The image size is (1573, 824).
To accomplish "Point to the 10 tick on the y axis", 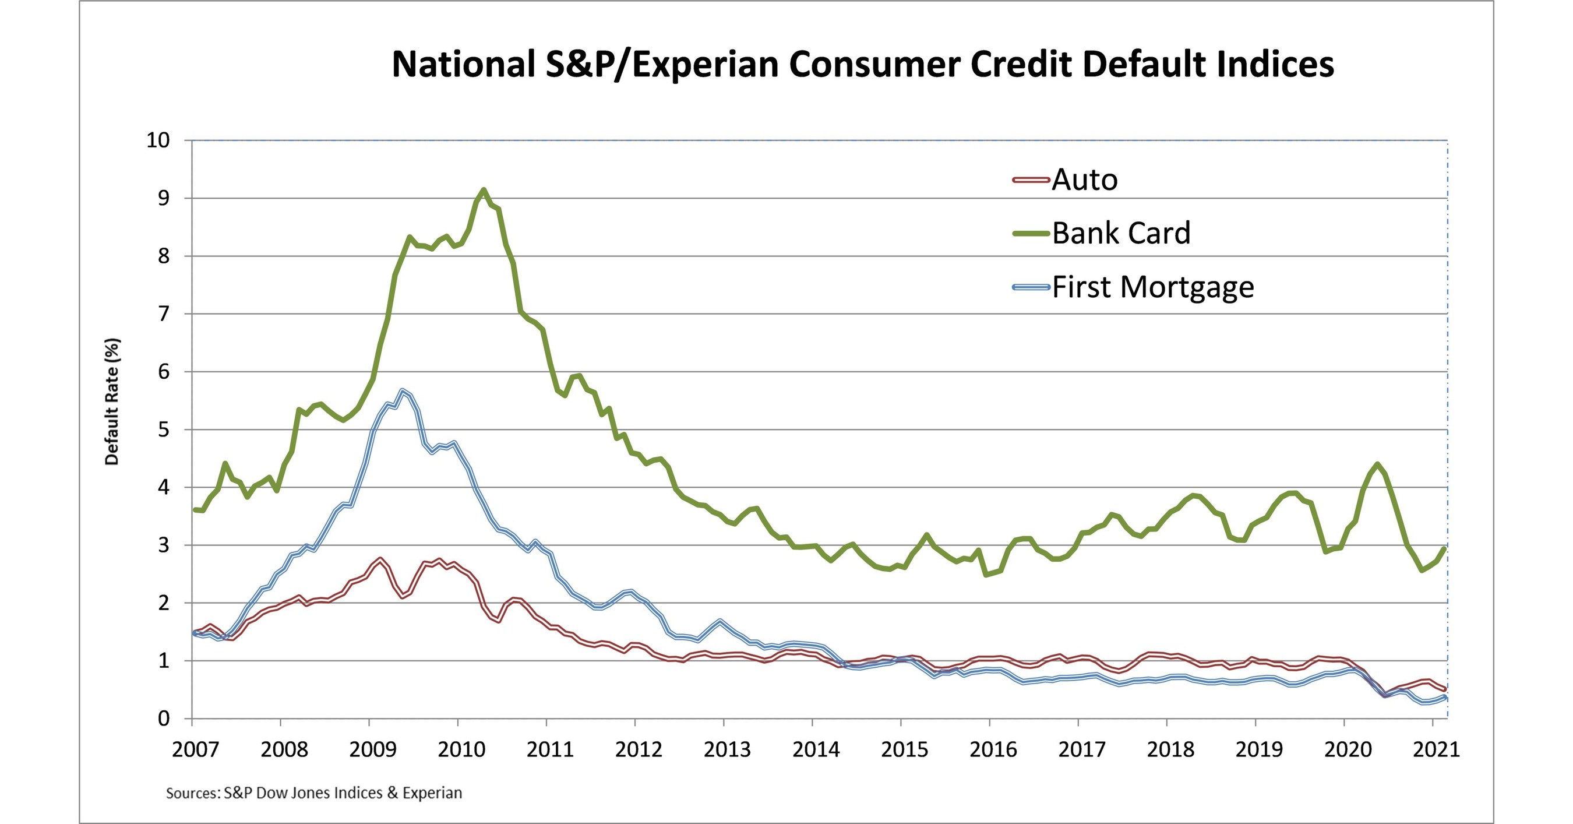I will (x=158, y=140).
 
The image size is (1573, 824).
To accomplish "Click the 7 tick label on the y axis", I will (x=164, y=314).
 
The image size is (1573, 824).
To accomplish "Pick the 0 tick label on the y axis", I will (x=164, y=719).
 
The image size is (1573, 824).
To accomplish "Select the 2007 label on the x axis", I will (x=195, y=749).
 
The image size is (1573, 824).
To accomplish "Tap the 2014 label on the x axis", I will (x=816, y=749).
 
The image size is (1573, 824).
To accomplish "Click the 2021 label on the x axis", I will (x=1436, y=749).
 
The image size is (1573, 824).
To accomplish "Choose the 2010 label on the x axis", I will (x=461, y=749).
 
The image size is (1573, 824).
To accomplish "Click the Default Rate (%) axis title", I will (x=112, y=402).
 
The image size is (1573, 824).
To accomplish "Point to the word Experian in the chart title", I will (x=705, y=64).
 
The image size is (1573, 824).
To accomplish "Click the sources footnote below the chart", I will (x=314, y=793).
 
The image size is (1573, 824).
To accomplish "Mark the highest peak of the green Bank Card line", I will (x=484, y=190).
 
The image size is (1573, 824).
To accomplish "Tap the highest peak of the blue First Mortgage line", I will (x=402, y=390).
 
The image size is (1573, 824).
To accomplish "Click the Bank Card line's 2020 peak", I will (x=1377, y=464).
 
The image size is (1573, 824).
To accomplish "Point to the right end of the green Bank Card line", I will (x=1445, y=548).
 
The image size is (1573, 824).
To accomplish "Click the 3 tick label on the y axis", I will (x=164, y=545).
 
